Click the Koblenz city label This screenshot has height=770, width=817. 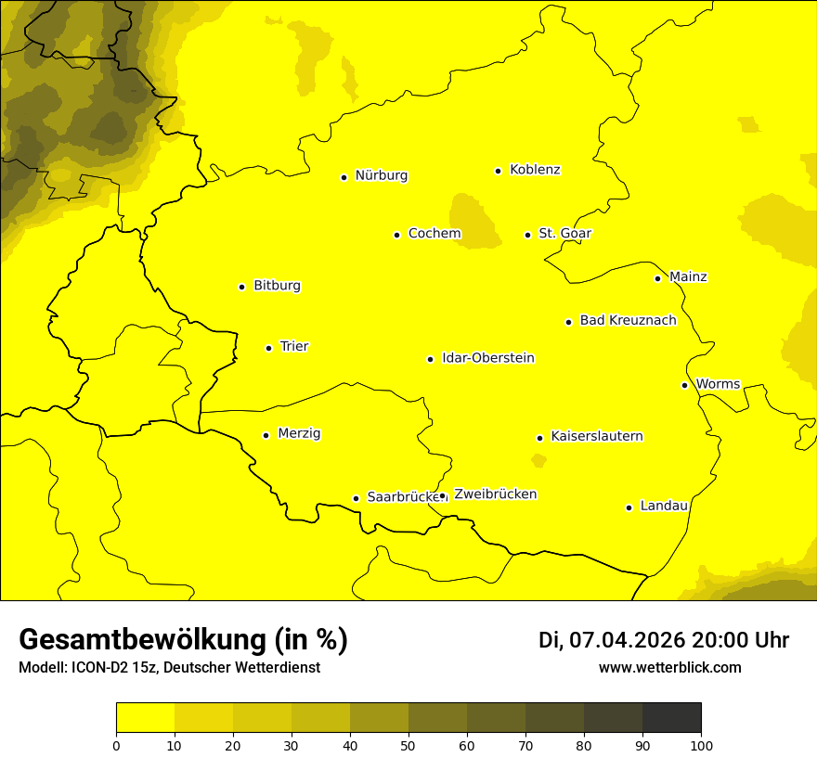click(535, 170)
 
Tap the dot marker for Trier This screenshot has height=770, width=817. click(268, 348)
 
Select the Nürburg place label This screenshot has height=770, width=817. click(381, 175)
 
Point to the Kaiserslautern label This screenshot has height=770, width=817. click(596, 436)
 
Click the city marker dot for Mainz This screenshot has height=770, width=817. click(657, 278)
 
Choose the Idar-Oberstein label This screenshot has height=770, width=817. click(487, 358)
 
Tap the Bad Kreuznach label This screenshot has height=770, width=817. click(628, 320)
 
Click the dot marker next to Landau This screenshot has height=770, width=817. click(629, 507)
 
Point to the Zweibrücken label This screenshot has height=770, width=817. click(495, 494)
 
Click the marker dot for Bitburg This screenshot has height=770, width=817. click(241, 287)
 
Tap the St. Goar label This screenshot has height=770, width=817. click(564, 234)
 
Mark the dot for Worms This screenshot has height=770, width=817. click(684, 385)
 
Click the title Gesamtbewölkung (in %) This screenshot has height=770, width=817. click(183, 640)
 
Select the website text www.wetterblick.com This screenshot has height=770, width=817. click(669, 667)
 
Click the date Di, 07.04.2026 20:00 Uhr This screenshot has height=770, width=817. click(663, 640)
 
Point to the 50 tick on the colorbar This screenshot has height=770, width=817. click(408, 744)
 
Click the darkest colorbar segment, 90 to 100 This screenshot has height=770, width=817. click(671, 718)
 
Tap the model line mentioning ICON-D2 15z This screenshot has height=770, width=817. click(169, 668)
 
